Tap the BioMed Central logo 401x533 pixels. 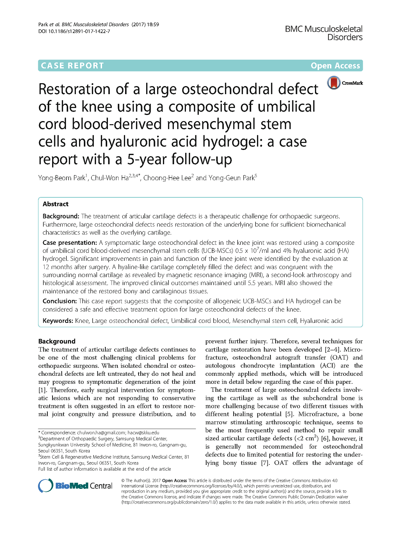coord(75,486)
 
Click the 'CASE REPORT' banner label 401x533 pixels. coord(72,66)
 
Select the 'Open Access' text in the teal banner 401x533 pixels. coord(335,66)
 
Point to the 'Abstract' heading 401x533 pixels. coord(55,204)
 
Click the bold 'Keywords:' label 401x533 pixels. coord(58,321)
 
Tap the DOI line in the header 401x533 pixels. coord(74,31)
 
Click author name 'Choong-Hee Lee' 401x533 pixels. coord(167,178)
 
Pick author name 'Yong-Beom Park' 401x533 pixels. coord(62,178)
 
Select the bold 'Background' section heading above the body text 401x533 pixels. coord(57,341)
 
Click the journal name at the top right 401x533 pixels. coord(324,33)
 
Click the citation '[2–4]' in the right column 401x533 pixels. coord(332,349)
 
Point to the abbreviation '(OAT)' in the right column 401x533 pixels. coord(339,358)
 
